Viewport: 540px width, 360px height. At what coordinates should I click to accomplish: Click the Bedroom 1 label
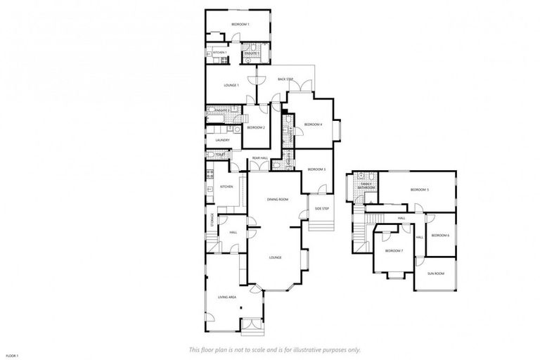240,25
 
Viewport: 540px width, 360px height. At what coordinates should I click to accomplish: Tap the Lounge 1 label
231,85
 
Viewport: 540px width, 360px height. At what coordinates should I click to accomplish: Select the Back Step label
285,79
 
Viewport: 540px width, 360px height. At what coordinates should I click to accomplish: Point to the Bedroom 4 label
313,124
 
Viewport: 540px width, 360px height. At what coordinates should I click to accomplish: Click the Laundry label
222,140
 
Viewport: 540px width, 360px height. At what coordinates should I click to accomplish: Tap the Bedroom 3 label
316,169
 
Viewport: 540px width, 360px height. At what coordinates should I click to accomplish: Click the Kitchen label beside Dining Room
226,186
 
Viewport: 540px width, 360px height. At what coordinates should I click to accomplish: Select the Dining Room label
278,200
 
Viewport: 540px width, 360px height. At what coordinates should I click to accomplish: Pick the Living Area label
226,297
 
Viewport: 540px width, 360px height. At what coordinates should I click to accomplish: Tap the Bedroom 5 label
420,190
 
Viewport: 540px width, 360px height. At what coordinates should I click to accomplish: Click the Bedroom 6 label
440,235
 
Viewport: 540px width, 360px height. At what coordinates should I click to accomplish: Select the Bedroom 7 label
394,251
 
